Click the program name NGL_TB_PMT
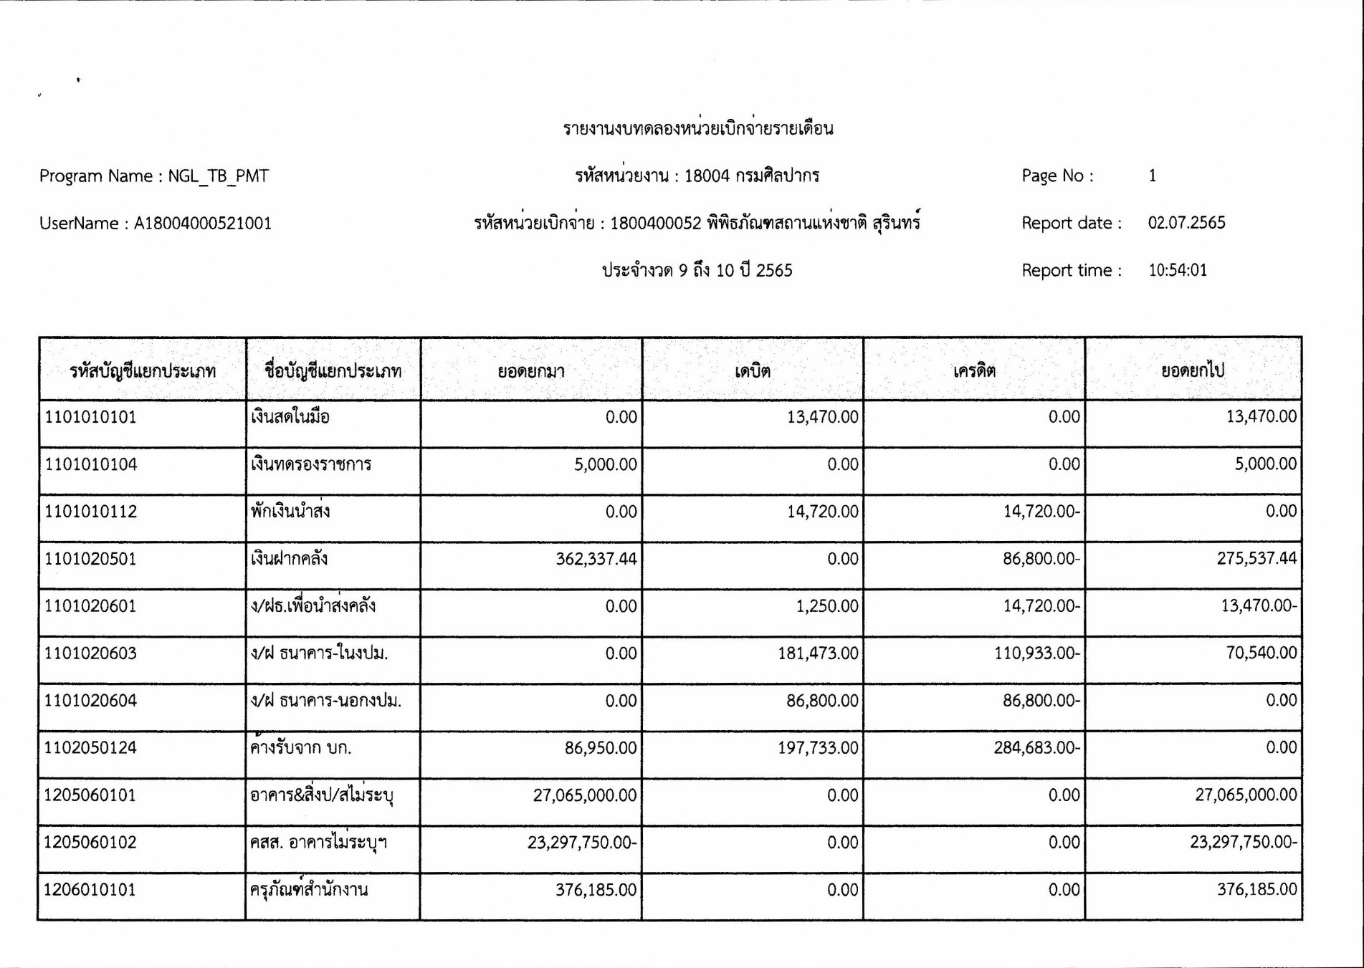(219, 176)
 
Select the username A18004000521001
(203, 224)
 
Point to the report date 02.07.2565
(1186, 223)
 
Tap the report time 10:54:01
(1177, 270)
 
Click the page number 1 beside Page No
(1152, 176)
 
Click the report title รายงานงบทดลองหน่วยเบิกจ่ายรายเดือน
(697, 129)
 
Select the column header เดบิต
(753, 370)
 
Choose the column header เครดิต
(974, 370)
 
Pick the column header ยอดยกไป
(1193, 370)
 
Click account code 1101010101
(90, 417)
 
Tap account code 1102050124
(90, 748)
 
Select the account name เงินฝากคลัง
(289, 559)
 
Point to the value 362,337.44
(596, 559)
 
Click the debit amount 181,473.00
(818, 653)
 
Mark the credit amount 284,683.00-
(1036, 748)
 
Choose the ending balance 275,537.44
(1256, 559)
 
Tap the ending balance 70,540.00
(1261, 653)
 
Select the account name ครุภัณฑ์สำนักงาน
(309, 890)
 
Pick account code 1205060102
(90, 843)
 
